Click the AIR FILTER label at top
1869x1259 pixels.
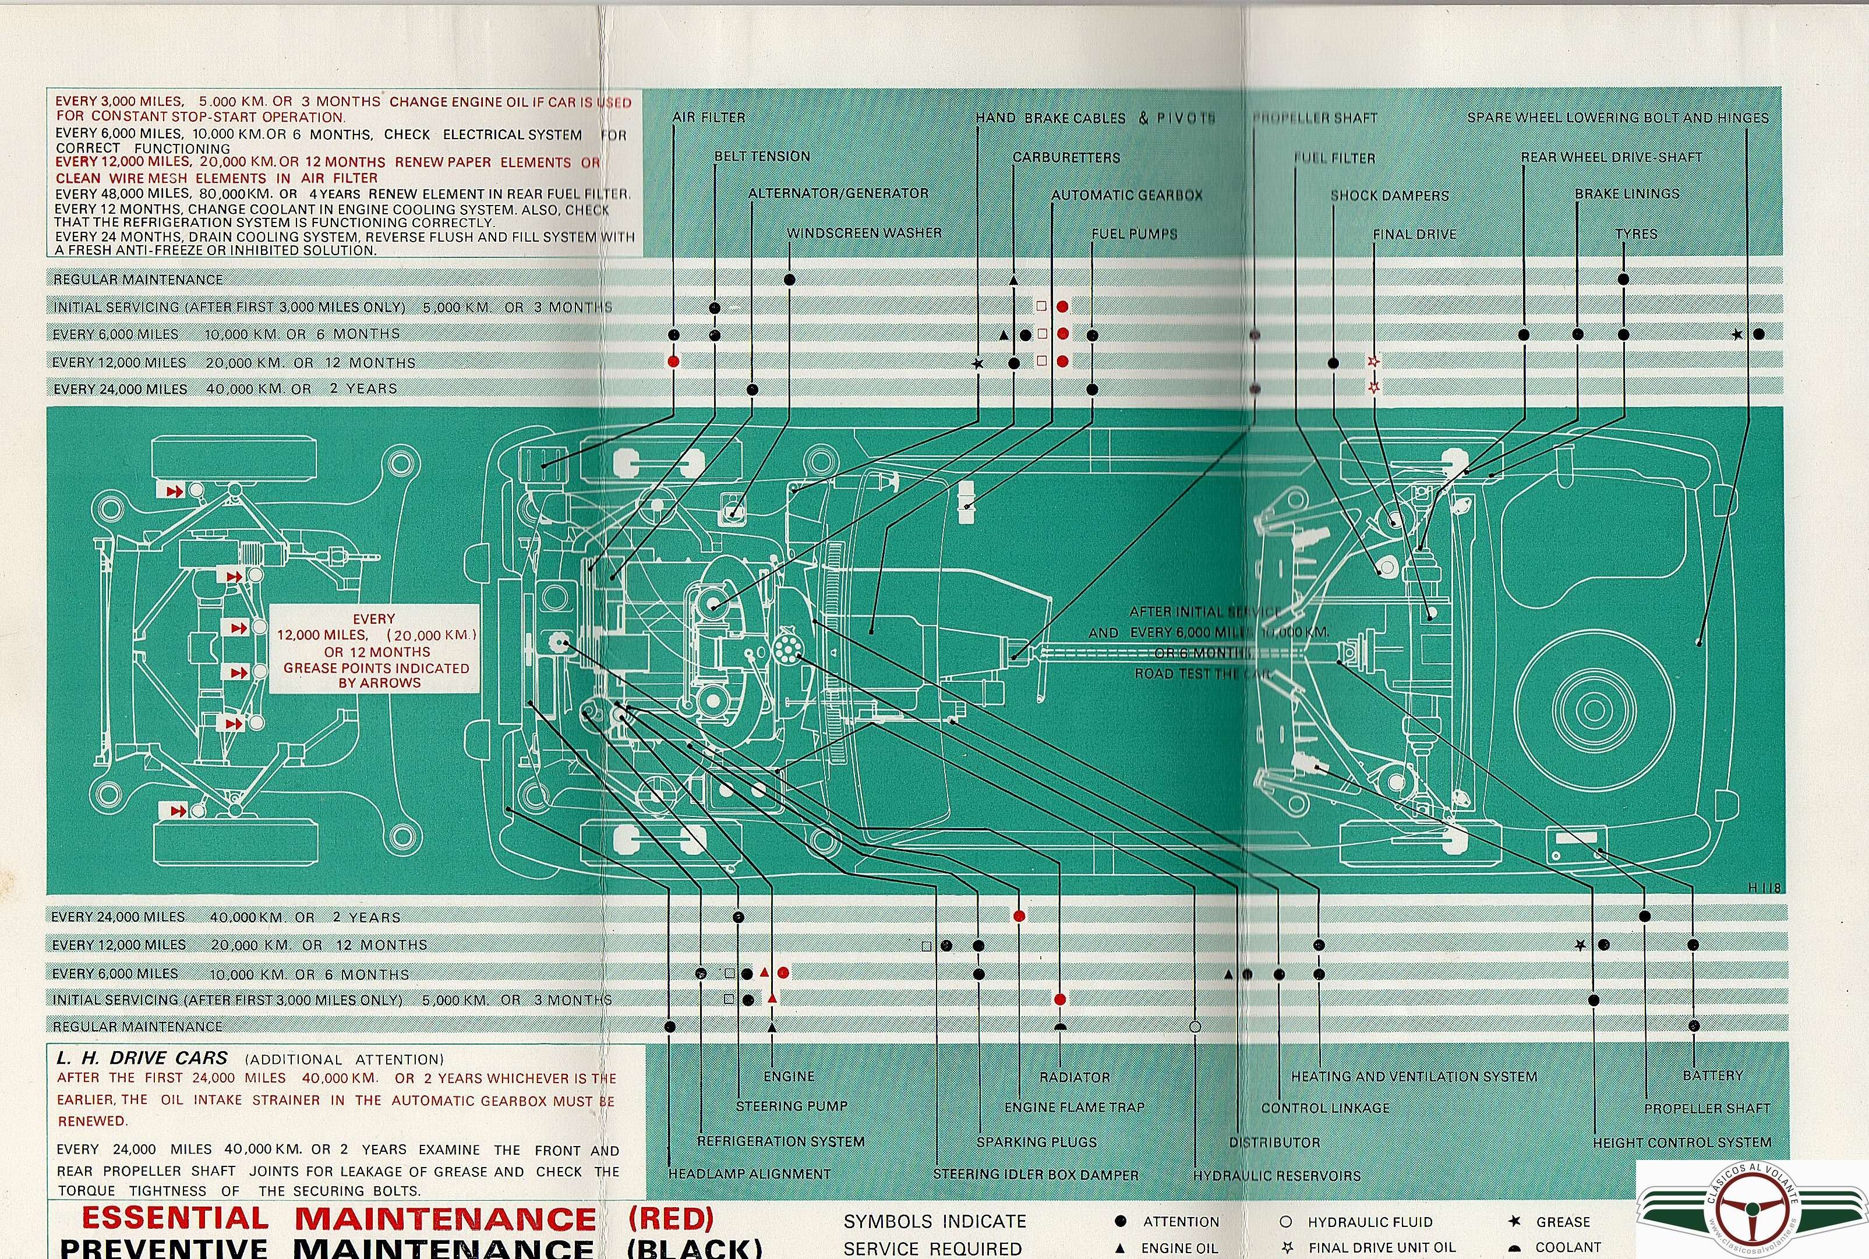tap(708, 117)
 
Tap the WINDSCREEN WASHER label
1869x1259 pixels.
tap(864, 233)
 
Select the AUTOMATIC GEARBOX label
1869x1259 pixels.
tap(1126, 195)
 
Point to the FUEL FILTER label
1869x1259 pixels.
tap(1334, 158)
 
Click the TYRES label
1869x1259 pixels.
tap(1635, 234)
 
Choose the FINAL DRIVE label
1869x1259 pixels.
tap(1414, 235)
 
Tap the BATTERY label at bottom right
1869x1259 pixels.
tap(1712, 1075)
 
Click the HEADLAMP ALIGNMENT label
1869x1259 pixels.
tap(749, 1174)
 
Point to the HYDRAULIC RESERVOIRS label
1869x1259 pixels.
tap(1277, 1176)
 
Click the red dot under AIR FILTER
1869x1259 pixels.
tap(674, 361)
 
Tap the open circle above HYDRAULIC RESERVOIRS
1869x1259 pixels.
tap(1195, 1026)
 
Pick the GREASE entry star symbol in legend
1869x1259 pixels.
tap(1514, 1221)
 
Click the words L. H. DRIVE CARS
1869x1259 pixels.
tap(142, 1058)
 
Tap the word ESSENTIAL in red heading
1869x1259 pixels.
tap(175, 1219)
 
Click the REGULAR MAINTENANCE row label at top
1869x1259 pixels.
tap(137, 280)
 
